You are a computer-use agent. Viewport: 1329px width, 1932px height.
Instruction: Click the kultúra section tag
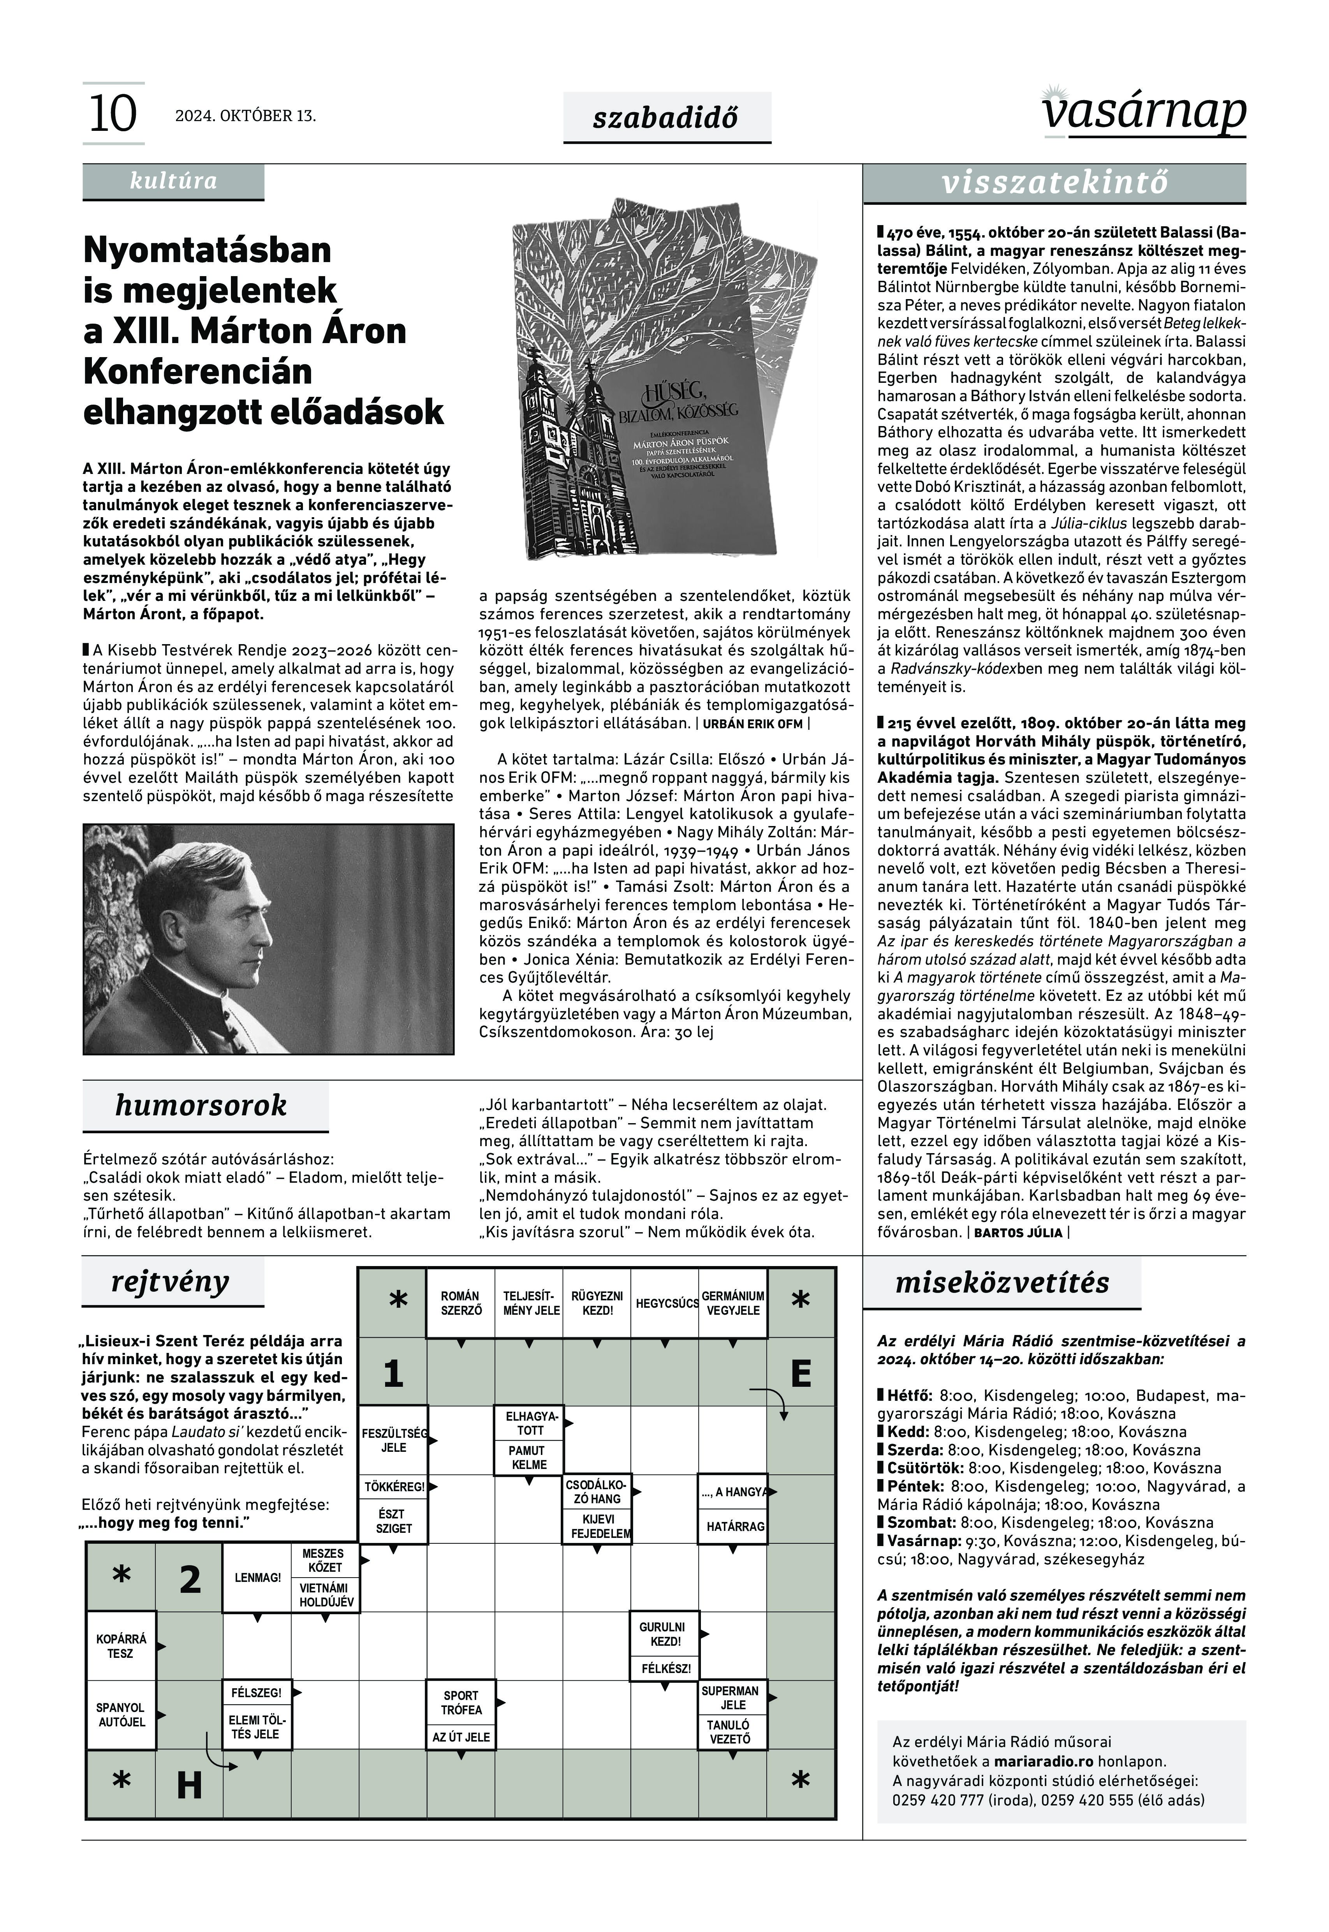point(173,181)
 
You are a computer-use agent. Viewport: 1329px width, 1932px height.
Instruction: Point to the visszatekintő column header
point(1054,183)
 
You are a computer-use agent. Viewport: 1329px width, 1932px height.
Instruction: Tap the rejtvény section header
point(171,1282)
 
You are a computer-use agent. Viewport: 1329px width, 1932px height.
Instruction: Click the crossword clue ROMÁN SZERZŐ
point(461,1303)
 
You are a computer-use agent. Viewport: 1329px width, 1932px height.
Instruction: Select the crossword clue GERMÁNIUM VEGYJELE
point(733,1303)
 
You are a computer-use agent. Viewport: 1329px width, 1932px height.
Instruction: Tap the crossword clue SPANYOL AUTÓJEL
point(121,1715)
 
